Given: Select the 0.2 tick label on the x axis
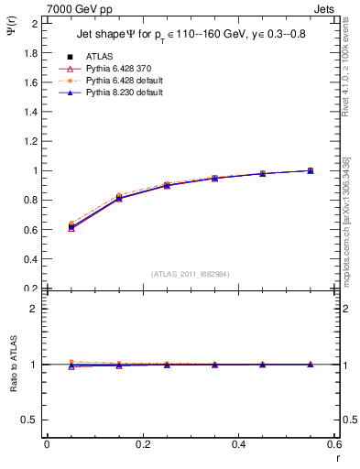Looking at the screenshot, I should [x=142, y=444].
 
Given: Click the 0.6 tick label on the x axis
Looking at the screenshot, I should [x=333, y=444].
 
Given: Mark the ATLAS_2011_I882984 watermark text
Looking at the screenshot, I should [x=190, y=274].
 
